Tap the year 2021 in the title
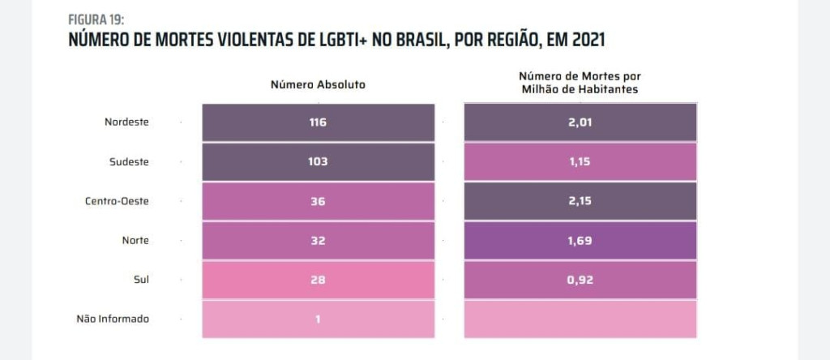(582, 40)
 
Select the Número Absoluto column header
(318, 84)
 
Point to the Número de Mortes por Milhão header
(580, 83)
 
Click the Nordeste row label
(127, 122)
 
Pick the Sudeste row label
(129, 161)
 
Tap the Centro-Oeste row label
(117, 200)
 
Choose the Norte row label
(135, 240)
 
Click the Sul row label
(141, 279)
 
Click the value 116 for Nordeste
(318, 122)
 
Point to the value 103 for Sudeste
(318, 161)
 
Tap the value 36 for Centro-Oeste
(318, 200)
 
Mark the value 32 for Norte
(318, 240)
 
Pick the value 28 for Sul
(318, 279)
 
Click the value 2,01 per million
(580, 122)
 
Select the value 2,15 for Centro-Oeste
(580, 200)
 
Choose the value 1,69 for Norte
(580, 240)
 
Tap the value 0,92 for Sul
(580, 279)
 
